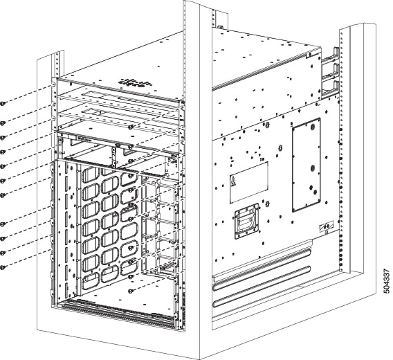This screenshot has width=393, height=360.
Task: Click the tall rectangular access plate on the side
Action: click(306, 164)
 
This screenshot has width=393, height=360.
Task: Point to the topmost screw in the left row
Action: click(3, 102)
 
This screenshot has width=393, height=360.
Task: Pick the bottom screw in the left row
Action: click(3, 267)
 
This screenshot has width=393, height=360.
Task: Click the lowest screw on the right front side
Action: click(131, 291)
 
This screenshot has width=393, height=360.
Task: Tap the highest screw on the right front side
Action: click(131, 127)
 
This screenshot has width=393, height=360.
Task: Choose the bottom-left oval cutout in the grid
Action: click(91, 276)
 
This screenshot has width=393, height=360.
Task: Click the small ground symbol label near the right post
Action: click(322, 228)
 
